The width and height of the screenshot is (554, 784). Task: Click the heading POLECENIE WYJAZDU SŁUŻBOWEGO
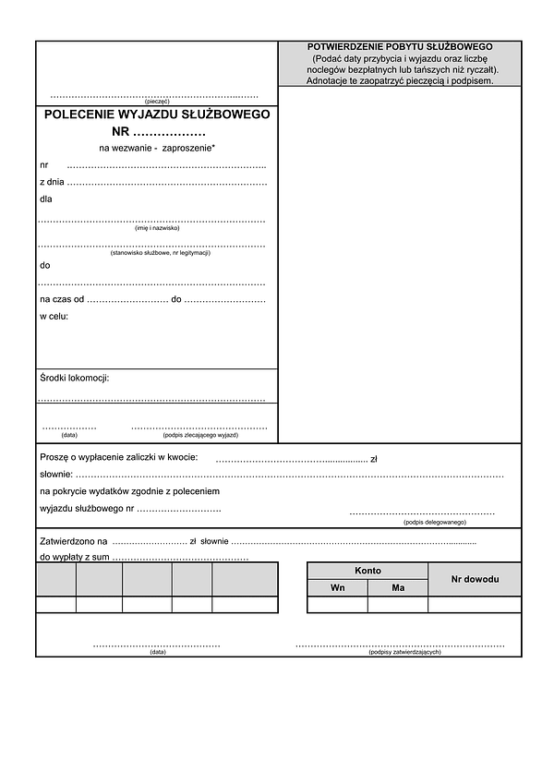157,115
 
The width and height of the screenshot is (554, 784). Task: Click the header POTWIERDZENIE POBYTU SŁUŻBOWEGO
400,46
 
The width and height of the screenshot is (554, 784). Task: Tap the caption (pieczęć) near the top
157,102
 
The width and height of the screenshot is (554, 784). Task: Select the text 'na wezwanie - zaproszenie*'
157,148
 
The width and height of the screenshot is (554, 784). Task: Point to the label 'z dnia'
52,182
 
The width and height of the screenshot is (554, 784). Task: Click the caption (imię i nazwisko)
157,228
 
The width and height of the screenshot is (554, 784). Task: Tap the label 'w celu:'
54,317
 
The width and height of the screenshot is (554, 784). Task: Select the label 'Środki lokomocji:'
75,379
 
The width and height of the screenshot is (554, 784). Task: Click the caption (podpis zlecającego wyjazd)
200,435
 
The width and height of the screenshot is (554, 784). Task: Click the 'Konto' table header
367,571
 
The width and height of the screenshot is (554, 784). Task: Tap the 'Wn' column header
338,588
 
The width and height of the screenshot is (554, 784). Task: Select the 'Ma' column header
398,588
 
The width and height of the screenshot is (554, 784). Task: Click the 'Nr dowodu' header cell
475,579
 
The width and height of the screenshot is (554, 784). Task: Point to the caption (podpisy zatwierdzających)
404,652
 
